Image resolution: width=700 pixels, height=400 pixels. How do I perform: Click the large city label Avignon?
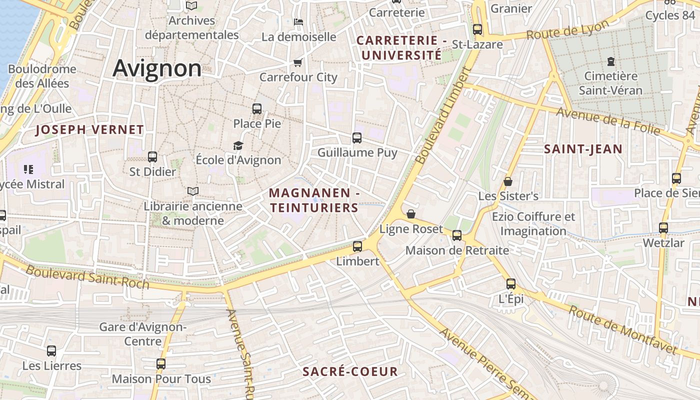click(157, 68)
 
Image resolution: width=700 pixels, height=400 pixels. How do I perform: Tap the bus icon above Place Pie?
click(257, 108)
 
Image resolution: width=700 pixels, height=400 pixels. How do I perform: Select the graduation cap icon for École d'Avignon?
click(238, 145)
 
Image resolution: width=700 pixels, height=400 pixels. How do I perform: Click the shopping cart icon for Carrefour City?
click(298, 62)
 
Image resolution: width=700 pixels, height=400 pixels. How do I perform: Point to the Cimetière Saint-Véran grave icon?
click(610, 61)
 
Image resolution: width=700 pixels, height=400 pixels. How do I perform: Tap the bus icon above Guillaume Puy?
click(357, 137)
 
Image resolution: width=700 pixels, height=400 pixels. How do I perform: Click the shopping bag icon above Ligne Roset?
click(411, 214)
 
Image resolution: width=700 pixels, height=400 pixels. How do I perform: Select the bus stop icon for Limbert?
click(357, 246)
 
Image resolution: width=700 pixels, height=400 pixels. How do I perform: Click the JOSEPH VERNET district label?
click(90, 130)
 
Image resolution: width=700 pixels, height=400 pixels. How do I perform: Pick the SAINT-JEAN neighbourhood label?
click(583, 149)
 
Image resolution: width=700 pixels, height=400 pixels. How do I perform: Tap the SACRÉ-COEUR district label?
click(350, 371)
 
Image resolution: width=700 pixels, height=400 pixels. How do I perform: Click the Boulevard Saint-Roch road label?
click(87, 276)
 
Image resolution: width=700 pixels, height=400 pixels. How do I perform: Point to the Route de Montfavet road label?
click(623, 329)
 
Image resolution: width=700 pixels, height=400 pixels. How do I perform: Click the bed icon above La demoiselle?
click(298, 21)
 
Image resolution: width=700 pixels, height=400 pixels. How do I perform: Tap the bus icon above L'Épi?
click(511, 284)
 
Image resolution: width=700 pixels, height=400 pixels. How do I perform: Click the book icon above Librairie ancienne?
click(192, 191)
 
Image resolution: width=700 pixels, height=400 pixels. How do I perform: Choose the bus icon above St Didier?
click(152, 157)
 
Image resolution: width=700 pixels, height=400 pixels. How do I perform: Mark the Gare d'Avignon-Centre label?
click(143, 334)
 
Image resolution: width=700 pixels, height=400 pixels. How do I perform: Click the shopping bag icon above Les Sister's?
click(508, 181)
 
